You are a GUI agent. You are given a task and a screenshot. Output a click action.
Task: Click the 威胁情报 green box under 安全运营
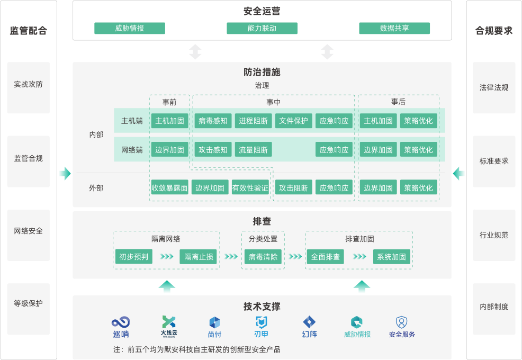coord(130,28)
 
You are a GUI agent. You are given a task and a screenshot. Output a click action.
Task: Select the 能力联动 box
coord(262,28)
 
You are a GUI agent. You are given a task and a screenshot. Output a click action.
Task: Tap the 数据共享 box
coord(394,28)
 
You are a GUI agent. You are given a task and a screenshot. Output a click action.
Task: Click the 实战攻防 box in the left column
coord(29,85)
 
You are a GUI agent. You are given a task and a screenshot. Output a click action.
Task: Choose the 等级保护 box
coord(29,304)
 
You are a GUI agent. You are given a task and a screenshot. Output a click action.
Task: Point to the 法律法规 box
coord(494,87)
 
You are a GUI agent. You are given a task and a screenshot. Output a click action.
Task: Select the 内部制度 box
coord(494,307)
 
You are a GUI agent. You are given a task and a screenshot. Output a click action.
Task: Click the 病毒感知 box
coord(213,121)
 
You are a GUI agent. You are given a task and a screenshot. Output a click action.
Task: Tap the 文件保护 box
coord(294,121)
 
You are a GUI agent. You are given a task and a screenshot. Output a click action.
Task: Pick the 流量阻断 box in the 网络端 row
coord(253,150)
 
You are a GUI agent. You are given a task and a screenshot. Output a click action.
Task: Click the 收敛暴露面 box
coord(170,188)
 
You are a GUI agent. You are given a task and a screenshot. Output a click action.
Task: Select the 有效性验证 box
coord(250,188)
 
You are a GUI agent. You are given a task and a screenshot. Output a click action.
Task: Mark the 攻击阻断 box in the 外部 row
coord(294,188)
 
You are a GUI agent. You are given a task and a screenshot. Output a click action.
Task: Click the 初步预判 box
coord(133,257)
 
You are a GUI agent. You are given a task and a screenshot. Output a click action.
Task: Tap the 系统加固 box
coord(391,257)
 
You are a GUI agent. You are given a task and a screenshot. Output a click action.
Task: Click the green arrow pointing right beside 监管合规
coord(65,173)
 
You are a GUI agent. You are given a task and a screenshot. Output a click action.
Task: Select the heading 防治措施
coord(262,72)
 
